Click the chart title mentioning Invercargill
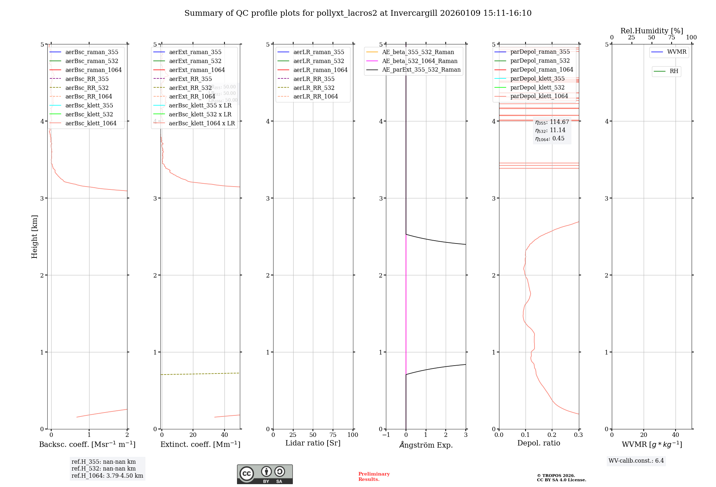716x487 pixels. (358, 13)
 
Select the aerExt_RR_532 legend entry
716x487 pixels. (190, 88)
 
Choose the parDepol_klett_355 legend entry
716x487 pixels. (537, 78)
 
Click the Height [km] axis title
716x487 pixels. (34, 236)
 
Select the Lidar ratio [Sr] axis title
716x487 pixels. (313, 443)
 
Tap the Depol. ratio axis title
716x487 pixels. (538, 443)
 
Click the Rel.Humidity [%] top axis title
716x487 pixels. (652, 31)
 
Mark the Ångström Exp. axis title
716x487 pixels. (426, 445)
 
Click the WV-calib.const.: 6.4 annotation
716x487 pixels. (636, 461)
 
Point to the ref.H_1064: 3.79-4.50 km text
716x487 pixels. (107, 476)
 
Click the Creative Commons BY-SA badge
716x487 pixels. (265, 474)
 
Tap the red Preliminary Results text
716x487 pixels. (374, 476)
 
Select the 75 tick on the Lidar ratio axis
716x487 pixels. (333, 435)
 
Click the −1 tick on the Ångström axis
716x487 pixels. (386, 435)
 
